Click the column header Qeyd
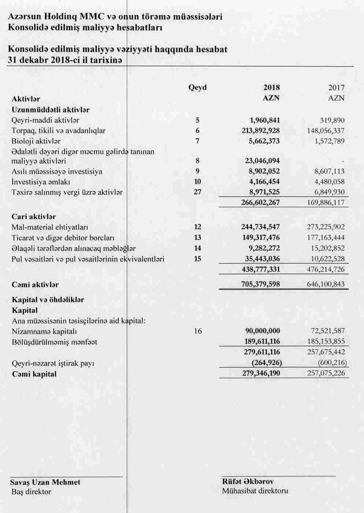[x=197, y=87]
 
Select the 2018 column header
[x=272, y=87]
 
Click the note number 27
[x=197, y=192]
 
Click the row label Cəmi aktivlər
[x=35, y=284]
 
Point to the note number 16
[x=197, y=332]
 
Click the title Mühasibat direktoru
[x=255, y=491]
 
